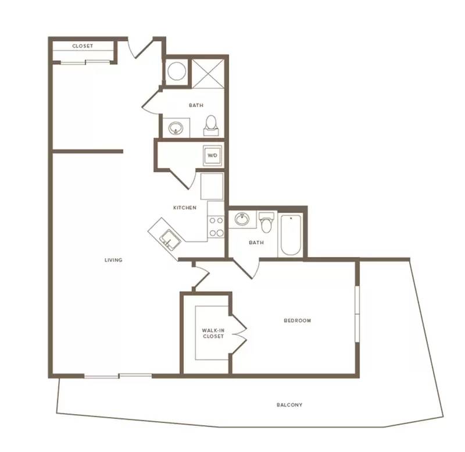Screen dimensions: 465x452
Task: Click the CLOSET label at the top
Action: pos(83,46)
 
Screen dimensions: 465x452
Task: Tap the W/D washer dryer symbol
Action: pos(212,155)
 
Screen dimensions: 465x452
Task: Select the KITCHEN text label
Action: pos(185,208)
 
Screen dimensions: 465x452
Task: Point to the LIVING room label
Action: pos(113,260)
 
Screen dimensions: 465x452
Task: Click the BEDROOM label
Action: pos(298,321)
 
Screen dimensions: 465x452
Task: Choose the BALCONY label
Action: pos(289,405)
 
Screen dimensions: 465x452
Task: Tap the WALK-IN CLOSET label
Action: pos(213,333)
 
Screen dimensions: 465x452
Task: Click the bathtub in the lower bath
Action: pos(291,235)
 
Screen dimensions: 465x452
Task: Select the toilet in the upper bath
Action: pos(211,126)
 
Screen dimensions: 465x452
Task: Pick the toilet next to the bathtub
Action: pos(266,222)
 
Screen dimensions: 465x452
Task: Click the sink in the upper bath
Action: pos(176,129)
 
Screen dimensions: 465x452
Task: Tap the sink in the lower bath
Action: pos(242,219)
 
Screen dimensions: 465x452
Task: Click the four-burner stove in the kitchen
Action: pos(216,227)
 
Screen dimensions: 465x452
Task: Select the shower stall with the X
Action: pos(208,74)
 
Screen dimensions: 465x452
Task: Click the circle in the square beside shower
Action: pos(177,71)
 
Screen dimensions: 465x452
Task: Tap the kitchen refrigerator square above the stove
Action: pos(212,186)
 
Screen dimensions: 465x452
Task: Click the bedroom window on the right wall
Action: pos(357,314)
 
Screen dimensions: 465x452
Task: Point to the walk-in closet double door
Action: pos(239,329)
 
